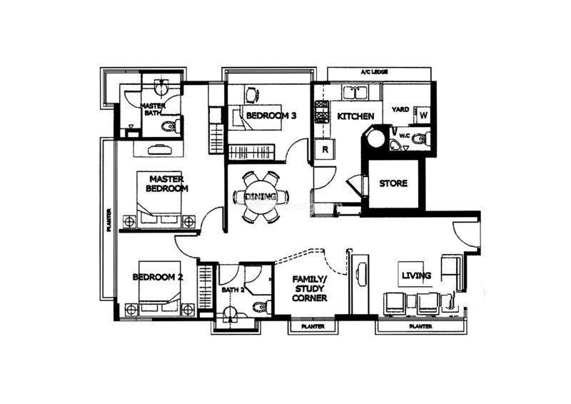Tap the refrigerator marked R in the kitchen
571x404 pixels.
click(325, 149)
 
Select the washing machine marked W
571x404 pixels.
click(423, 115)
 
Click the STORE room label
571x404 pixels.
click(393, 183)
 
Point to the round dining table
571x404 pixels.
click(261, 197)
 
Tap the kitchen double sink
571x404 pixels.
click(355, 93)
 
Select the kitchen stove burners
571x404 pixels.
click(322, 112)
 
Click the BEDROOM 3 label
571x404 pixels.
click(271, 116)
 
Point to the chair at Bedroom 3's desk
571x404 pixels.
click(252, 95)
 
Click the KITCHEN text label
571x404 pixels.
click(355, 116)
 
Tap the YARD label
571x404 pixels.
click(400, 109)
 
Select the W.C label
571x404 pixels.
click(405, 136)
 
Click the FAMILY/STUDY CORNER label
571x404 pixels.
click(310, 288)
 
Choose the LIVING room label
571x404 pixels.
click(416, 276)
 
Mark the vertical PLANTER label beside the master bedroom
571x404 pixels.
click(109, 220)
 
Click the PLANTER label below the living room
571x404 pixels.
click(420, 327)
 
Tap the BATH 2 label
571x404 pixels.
click(233, 290)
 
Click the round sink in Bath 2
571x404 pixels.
click(231, 313)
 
